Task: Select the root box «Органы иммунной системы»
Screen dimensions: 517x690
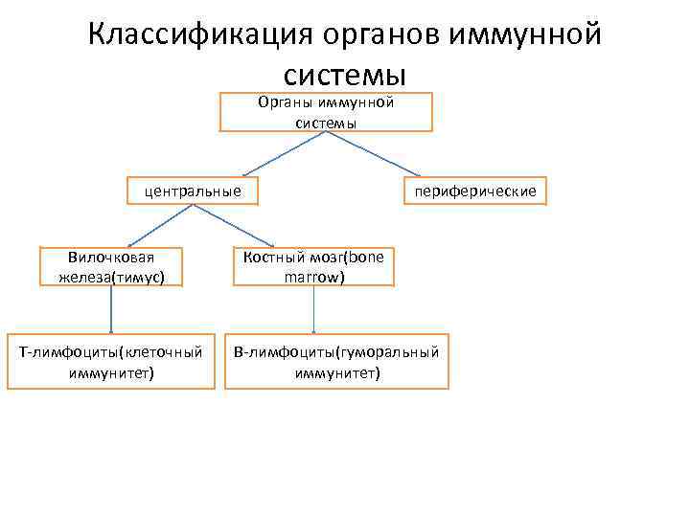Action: click(x=327, y=112)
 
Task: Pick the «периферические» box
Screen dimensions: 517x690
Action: click(x=475, y=192)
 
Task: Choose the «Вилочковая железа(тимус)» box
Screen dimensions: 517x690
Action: click(x=111, y=267)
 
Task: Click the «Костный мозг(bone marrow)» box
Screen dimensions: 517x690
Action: click(x=313, y=267)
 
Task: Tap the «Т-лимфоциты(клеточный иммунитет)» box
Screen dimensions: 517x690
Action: click(x=111, y=363)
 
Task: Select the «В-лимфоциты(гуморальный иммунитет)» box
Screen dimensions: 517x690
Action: click(x=336, y=363)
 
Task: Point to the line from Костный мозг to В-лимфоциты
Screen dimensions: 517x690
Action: click(x=314, y=310)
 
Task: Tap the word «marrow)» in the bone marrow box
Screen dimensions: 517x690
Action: click(x=314, y=278)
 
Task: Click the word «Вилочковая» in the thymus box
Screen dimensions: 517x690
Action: click(x=111, y=257)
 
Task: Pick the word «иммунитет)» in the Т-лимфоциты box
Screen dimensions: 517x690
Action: click(x=111, y=373)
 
